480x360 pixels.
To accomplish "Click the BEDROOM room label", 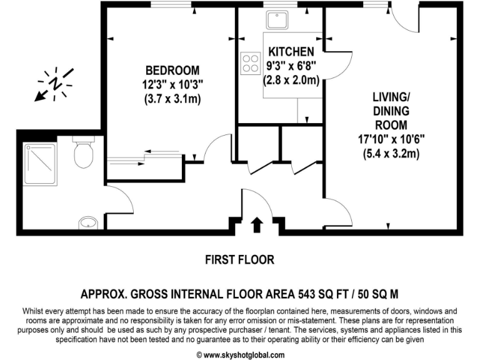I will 172,70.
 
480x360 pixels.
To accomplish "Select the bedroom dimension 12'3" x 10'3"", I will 172,84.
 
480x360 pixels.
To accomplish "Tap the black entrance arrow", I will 256,225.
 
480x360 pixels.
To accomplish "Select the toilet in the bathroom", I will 82,154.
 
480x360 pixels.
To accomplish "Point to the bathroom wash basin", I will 88,222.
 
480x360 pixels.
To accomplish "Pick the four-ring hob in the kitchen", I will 250,62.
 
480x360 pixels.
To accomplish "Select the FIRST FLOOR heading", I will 239,259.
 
